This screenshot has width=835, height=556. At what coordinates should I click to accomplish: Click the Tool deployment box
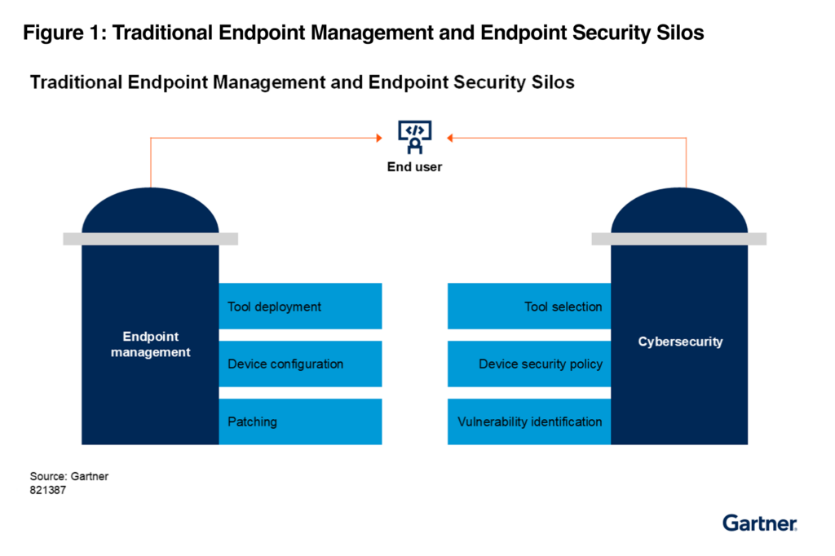(300, 307)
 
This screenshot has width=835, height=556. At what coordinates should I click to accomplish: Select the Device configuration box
(300, 364)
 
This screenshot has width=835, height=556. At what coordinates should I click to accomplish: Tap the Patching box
(300, 421)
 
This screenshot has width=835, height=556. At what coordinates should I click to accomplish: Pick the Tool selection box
(529, 307)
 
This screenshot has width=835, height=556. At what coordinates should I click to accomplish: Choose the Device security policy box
(529, 364)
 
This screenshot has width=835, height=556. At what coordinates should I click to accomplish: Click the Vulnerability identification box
(529, 421)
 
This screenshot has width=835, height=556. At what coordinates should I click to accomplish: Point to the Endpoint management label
(151, 344)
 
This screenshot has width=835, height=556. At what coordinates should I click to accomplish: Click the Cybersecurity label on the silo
(679, 342)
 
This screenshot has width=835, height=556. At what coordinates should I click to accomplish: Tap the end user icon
(415, 137)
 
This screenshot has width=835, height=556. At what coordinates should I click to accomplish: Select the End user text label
(415, 167)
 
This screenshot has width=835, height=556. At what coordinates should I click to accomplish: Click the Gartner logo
(759, 523)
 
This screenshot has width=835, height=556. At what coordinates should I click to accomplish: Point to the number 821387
(48, 491)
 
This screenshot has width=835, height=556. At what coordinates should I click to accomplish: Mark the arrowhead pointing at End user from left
(378, 139)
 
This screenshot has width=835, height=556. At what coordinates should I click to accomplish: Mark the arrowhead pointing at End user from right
(451, 139)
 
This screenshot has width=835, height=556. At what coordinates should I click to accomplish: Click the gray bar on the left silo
(150, 239)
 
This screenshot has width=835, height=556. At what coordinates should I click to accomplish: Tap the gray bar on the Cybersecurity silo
(678, 239)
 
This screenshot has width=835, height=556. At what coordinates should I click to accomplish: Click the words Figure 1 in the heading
(60, 33)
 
